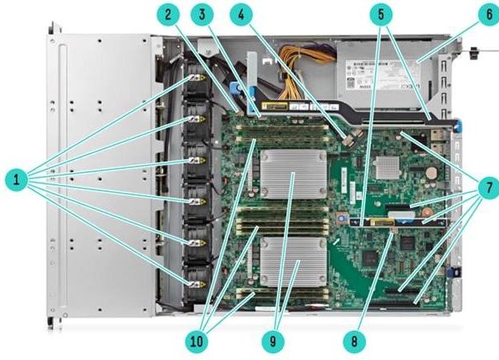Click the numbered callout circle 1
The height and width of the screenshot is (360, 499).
click(17, 180)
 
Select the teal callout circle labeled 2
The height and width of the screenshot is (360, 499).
click(168, 14)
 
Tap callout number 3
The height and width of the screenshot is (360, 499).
click(202, 14)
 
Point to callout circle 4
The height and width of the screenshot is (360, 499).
click(241, 14)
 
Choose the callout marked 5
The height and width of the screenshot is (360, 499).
click(381, 14)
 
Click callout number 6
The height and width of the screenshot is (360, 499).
click(489, 14)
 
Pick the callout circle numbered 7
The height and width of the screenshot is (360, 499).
click(489, 188)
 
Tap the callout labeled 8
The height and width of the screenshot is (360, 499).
click(354, 342)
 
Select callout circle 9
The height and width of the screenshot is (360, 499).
click(273, 342)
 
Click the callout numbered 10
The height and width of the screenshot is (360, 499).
click(196, 342)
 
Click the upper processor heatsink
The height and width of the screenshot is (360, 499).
click(294, 175)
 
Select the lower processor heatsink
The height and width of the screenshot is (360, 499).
click(294, 262)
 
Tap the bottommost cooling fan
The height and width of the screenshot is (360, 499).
click(197, 284)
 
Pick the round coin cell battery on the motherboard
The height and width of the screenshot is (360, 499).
click(431, 173)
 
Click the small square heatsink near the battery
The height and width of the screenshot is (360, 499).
click(388, 167)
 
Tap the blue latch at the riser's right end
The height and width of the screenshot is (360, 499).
click(458, 126)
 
